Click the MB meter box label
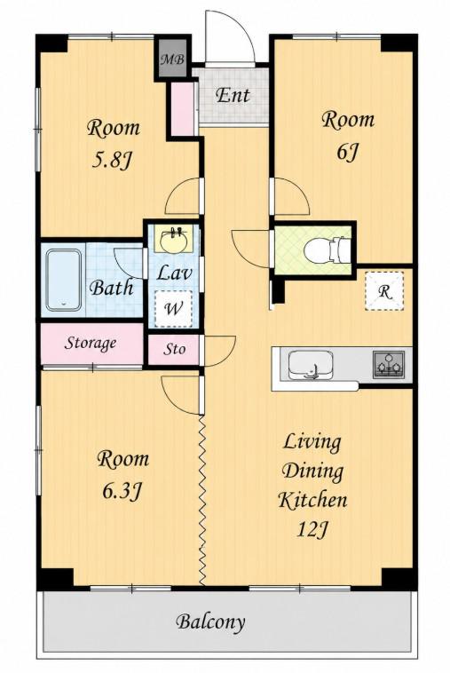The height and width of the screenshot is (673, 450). (172, 59)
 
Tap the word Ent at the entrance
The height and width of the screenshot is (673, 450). (233, 95)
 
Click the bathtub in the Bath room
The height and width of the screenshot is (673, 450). (64, 280)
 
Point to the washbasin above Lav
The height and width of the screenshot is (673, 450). (174, 241)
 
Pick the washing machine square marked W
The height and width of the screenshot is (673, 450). (173, 309)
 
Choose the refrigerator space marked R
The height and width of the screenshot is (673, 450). (384, 291)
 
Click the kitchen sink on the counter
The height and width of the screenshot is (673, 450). (311, 365)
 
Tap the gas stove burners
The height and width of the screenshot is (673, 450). (389, 364)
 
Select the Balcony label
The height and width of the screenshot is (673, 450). (210, 622)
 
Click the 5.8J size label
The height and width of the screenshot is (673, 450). (112, 160)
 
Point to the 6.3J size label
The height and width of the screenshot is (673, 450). (122, 491)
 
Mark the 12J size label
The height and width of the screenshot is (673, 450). (312, 529)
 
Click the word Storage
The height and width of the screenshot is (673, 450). (91, 343)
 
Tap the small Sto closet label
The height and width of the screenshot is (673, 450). (174, 349)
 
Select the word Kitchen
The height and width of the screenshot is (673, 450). (312, 500)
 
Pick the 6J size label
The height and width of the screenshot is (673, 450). (347, 152)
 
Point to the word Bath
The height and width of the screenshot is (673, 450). (112, 288)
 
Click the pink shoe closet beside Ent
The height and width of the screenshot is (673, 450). (183, 108)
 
